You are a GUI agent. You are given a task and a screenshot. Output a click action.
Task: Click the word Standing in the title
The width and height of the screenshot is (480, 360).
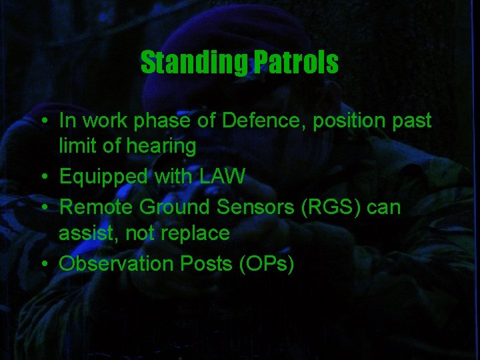pyautogui.click(x=195, y=63)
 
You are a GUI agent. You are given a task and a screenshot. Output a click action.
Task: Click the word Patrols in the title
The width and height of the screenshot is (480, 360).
pyautogui.click(x=295, y=63)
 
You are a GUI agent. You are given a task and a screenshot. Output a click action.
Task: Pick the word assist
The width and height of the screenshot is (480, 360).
pyautogui.click(x=83, y=233)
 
